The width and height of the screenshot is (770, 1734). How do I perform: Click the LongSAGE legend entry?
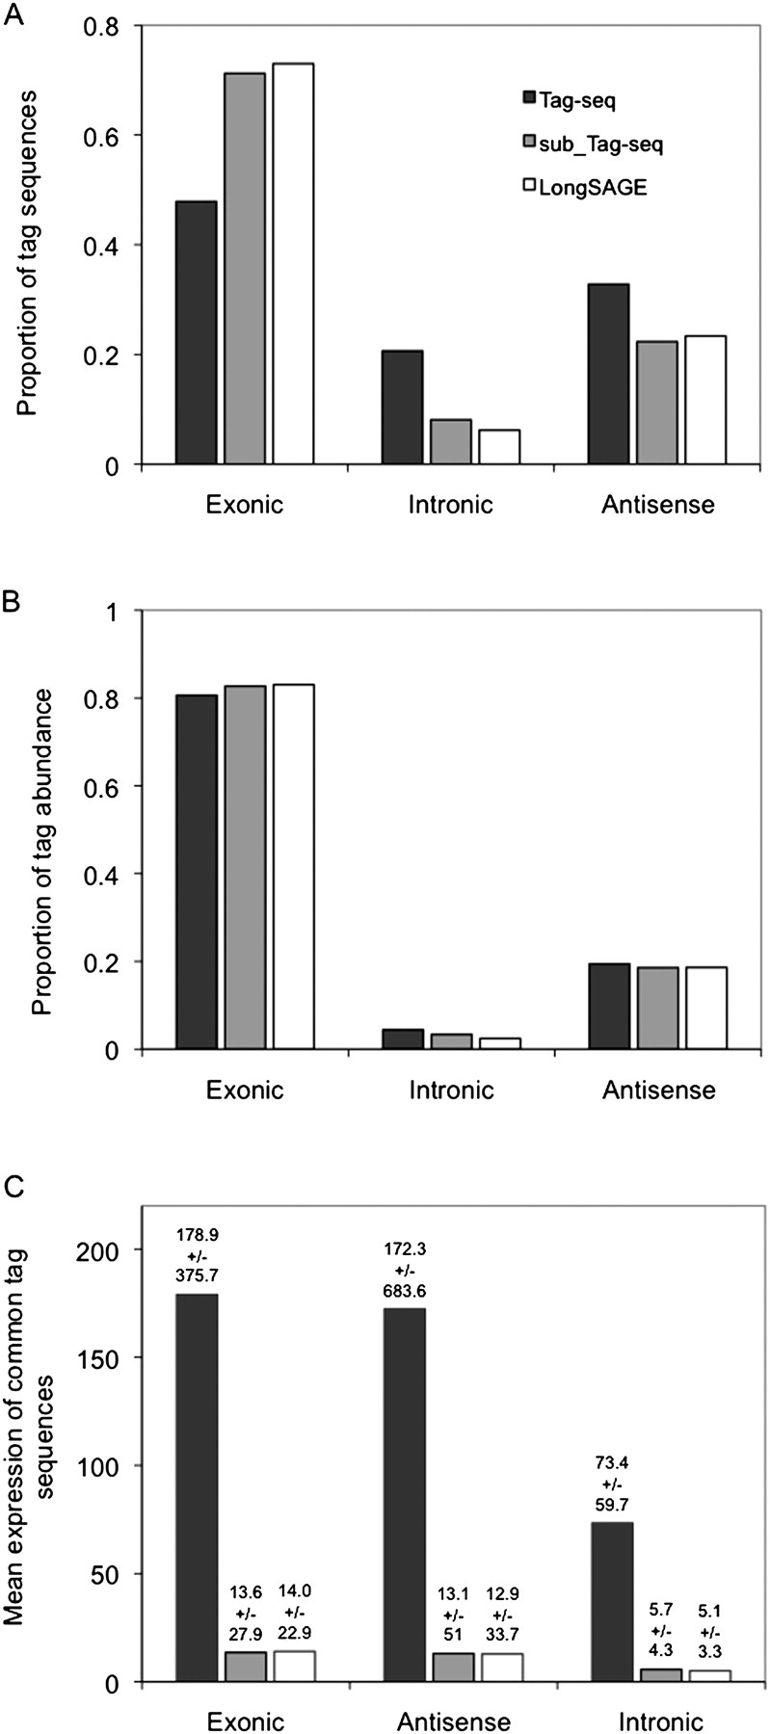584,188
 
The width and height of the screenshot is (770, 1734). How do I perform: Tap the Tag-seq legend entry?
569,99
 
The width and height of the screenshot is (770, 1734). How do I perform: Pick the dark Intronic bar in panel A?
402,407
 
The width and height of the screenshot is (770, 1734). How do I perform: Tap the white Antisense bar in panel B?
705,1008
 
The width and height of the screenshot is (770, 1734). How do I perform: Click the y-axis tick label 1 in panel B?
122,612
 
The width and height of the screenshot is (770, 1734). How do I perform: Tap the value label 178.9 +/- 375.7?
198,1253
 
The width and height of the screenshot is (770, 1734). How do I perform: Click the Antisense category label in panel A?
659,504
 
